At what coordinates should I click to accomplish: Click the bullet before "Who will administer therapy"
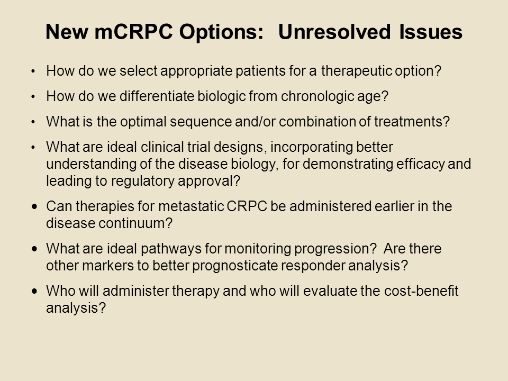click(35, 291)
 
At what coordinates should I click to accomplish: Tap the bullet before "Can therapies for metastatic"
click(35, 206)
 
